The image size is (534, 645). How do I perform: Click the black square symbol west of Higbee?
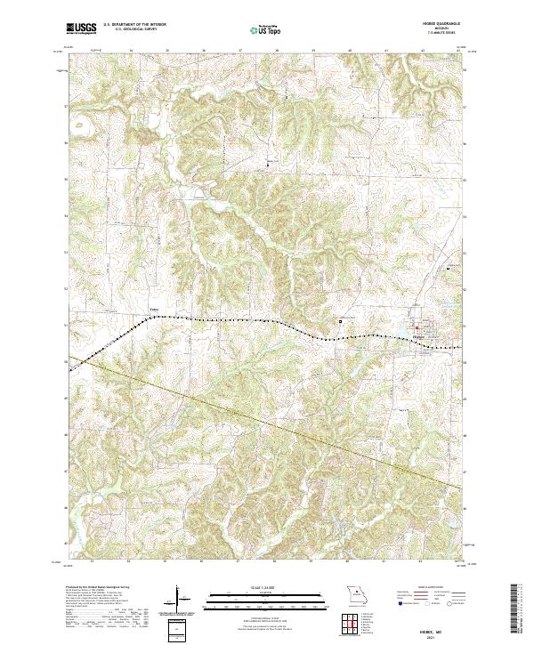[x=339, y=321]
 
